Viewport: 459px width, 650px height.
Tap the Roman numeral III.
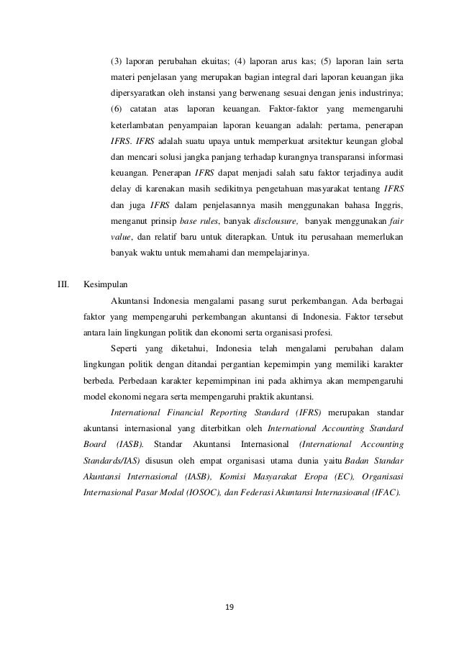[63, 284]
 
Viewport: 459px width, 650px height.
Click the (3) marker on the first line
[116, 60]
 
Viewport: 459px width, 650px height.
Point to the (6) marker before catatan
[116, 109]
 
